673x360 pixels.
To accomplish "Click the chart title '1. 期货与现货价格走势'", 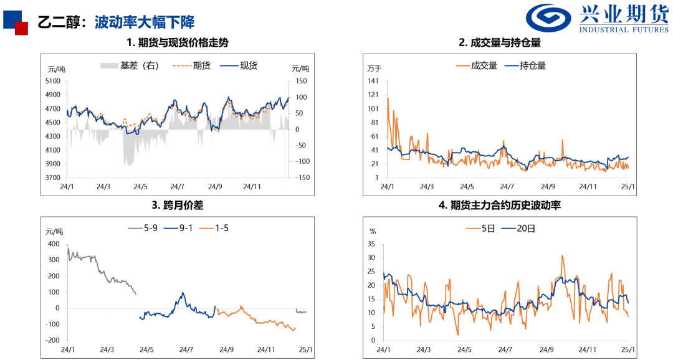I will (178, 43).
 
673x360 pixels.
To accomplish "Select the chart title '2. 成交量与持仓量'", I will (499, 43).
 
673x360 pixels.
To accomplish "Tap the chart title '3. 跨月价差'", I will (178, 204).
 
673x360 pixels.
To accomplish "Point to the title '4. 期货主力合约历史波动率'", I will (499, 204).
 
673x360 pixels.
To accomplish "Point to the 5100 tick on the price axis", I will (53, 81).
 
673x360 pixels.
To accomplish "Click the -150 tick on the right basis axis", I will (303, 178).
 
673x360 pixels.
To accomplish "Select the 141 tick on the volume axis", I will (374, 81).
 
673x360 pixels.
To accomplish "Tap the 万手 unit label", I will (375, 68).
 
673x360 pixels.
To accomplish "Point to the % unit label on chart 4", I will (373, 231).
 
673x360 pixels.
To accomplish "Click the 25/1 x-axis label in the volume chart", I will (628, 186).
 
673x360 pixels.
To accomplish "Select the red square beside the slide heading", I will (22, 28).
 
